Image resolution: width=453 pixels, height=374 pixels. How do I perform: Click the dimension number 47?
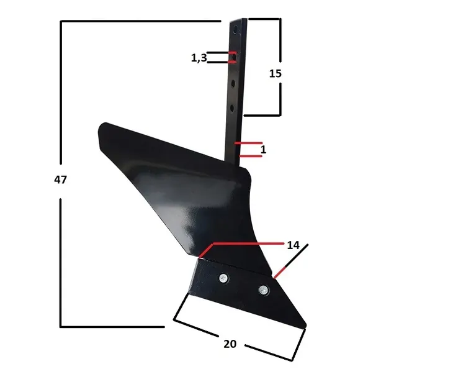tap(60, 180)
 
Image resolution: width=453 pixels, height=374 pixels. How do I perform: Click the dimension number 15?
tap(276, 73)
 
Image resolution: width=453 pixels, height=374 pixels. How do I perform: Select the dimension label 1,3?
tap(199, 58)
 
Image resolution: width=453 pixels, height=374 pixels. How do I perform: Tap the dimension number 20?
tap(230, 344)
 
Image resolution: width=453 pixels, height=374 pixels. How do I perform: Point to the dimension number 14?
tap(293, 245)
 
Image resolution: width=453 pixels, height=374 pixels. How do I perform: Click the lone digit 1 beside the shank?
tap(263, 150)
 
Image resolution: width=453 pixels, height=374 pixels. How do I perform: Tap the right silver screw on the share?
tap(264, 289)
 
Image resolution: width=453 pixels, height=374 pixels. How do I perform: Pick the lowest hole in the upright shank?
tap(233, 108)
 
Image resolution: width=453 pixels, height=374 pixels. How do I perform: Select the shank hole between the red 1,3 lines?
tap(233, 57)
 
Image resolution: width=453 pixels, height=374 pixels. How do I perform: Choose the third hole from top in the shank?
tap(233, 81)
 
